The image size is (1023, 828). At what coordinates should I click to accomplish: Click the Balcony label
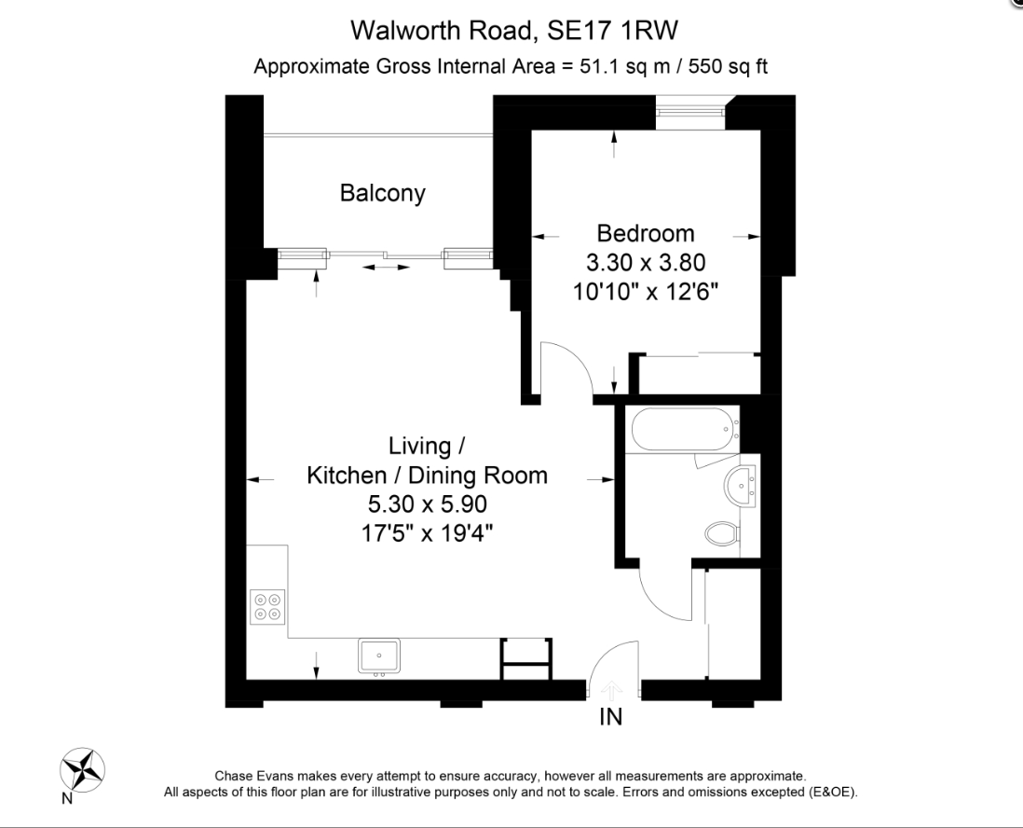[x=382, y=193]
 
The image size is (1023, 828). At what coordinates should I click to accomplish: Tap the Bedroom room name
[x=646, y=232]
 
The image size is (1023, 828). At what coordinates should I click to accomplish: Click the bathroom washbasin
[x=742, y=485]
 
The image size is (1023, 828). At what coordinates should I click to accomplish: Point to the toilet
[x=722, y=534]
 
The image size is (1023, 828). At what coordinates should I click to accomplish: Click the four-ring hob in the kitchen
[x=267, y=607]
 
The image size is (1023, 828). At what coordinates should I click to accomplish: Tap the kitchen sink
[x=378, y=655]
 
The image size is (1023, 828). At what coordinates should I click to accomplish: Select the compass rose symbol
[x=82, y=770]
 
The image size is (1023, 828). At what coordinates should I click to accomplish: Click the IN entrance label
[x=610, y=717]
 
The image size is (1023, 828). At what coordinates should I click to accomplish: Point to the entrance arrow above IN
[x=611, y=690]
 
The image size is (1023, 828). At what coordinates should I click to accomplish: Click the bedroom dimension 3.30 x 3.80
[x=646, y=262]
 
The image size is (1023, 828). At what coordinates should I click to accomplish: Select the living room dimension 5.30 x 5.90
[x=427, y=504]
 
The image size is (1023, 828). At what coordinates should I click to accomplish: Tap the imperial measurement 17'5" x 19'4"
[x=427, y=534]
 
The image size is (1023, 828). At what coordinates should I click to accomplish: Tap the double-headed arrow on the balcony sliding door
[x=386, y=268]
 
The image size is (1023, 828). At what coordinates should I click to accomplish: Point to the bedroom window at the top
[x=689, y=113]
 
